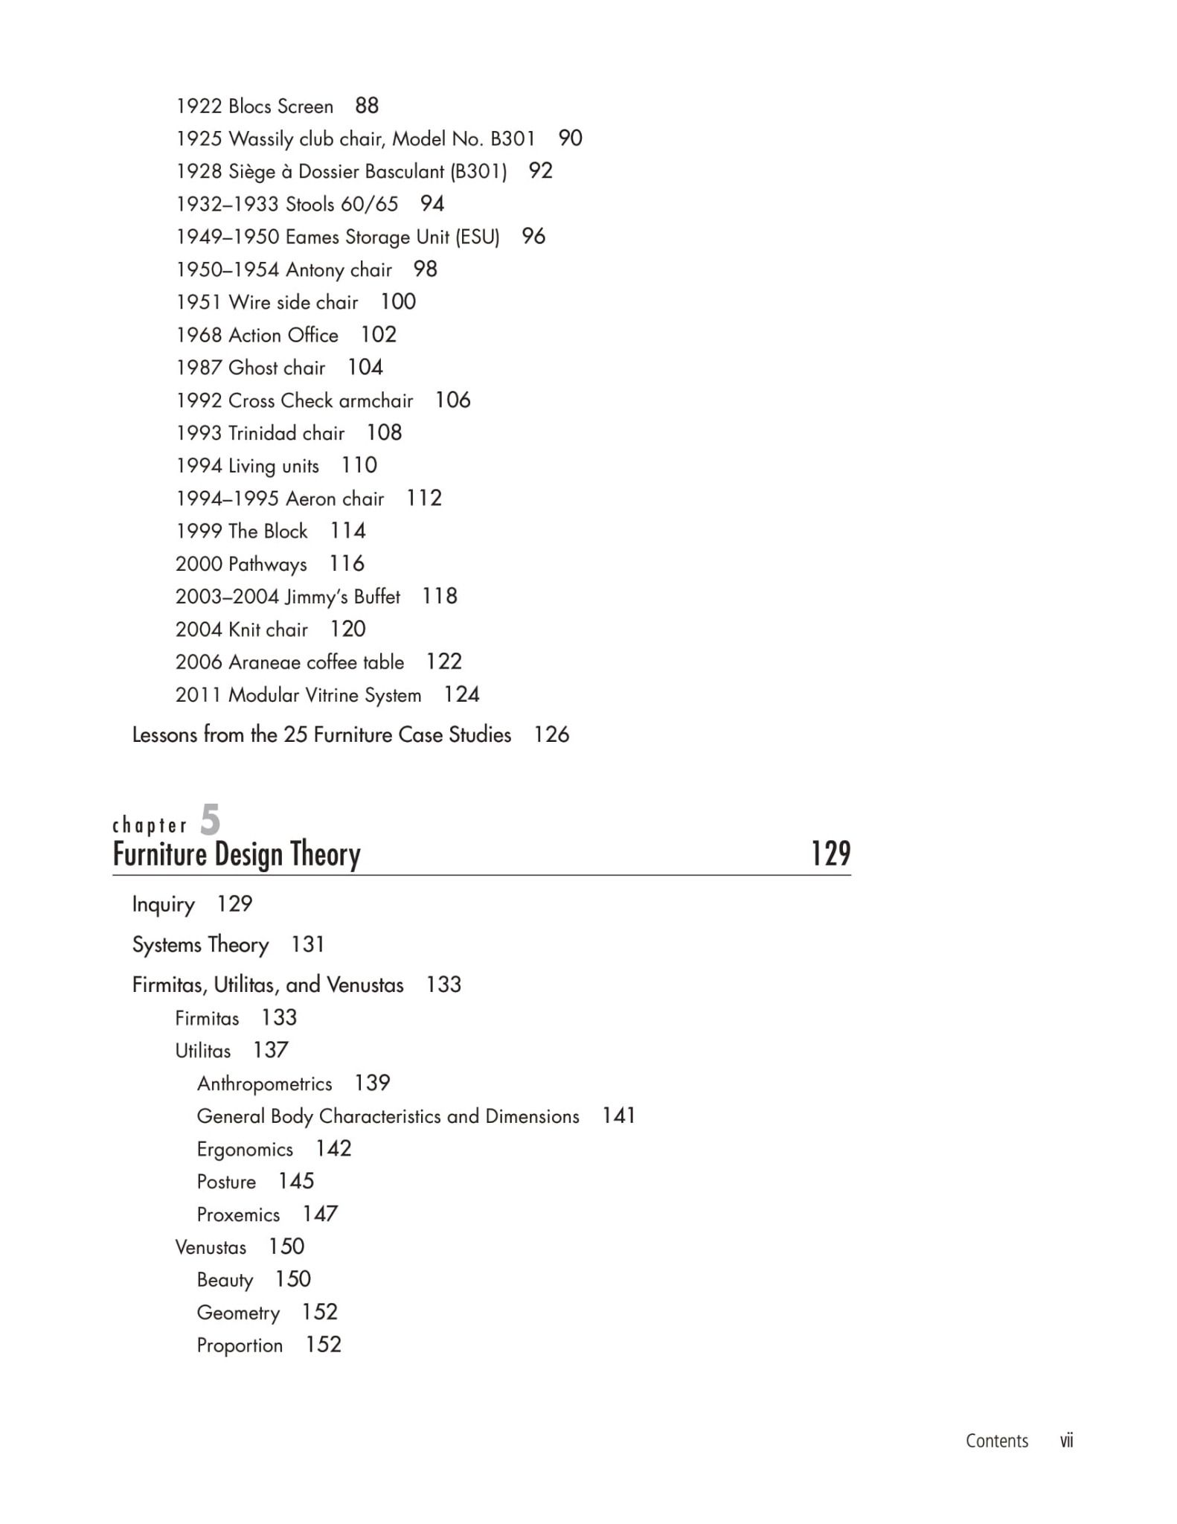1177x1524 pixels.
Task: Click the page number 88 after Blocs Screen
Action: (367, 106)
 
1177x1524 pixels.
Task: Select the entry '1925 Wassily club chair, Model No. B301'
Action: (355, 139)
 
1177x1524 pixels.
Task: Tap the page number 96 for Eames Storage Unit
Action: (533, 237)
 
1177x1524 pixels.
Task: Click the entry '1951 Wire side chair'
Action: (266, 302)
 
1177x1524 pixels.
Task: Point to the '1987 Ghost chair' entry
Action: (250, 368)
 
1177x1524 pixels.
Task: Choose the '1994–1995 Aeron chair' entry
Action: (279, 499)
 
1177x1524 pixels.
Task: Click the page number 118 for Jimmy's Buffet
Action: (440, 596)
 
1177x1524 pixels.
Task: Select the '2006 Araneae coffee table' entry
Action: (289, 662)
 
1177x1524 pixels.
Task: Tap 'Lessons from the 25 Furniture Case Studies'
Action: (321, 735)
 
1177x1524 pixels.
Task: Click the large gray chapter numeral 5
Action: (211, 820)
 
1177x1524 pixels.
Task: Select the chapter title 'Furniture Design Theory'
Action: (237, 854)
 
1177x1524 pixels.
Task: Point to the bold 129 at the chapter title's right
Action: (830, 854)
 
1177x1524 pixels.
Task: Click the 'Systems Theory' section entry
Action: (200, 945)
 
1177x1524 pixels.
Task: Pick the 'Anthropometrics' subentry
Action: (264, 1083)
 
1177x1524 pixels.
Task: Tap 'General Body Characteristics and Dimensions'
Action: (388, 1116)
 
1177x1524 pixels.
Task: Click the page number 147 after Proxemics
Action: (320, 1214)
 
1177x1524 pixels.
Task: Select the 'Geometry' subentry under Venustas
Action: (238, 1313)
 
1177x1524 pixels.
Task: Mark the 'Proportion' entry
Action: (240, 1345)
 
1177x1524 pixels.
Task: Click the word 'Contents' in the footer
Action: (997, 1441)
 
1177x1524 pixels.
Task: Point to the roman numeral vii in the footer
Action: (1066, 1441)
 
